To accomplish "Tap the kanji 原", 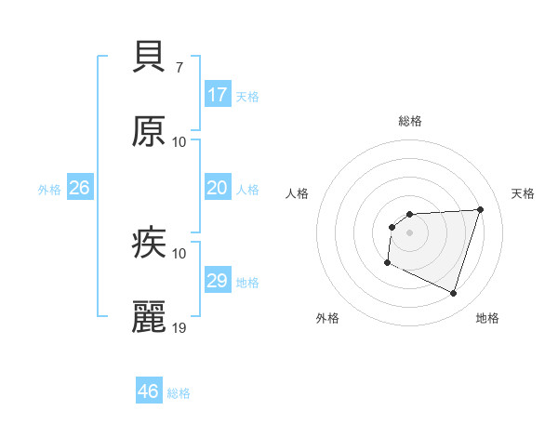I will [149, 131].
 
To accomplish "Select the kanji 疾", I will [149, 243].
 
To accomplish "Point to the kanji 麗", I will [149, 317].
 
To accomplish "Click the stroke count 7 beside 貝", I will [179, 68].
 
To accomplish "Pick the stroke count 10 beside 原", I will [179, 142].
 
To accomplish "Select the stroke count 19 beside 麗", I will [179, 328].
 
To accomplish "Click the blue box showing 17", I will [218, 95].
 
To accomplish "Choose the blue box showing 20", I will [218, 188].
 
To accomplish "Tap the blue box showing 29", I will [218, 281].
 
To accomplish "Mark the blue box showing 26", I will [80, 188].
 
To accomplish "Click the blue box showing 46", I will [149, 391].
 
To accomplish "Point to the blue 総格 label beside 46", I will [179, 393].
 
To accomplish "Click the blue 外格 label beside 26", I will [49, 190].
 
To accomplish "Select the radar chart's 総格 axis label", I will [410, 121].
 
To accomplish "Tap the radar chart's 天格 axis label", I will [524, 193].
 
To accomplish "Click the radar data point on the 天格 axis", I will [480, 209].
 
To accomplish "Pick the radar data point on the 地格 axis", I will [453, 293].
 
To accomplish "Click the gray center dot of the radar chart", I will [410, 232].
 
